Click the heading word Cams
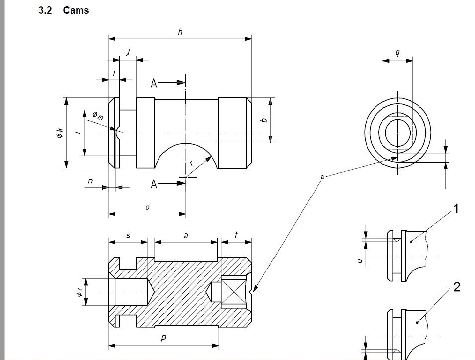click(76, 10)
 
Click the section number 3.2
click(45, 10)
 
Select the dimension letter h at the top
click(180, 31)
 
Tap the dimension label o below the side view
click(147, 208)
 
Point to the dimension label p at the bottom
click(163, 338)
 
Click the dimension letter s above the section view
click(128, 235)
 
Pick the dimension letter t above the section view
click(236, 234)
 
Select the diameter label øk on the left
click(60, 133)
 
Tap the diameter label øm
click(97, 115)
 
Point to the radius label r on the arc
click(191, 164)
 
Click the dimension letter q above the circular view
click(397, 53)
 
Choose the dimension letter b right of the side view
click(265, 120)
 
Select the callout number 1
click(455, 209)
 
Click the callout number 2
click(457, 287)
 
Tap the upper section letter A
click(154, 83)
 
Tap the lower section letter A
click(154, 184)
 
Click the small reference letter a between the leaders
click(322, 177)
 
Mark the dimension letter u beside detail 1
click(360, 261)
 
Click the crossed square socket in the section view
click(234, 292)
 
